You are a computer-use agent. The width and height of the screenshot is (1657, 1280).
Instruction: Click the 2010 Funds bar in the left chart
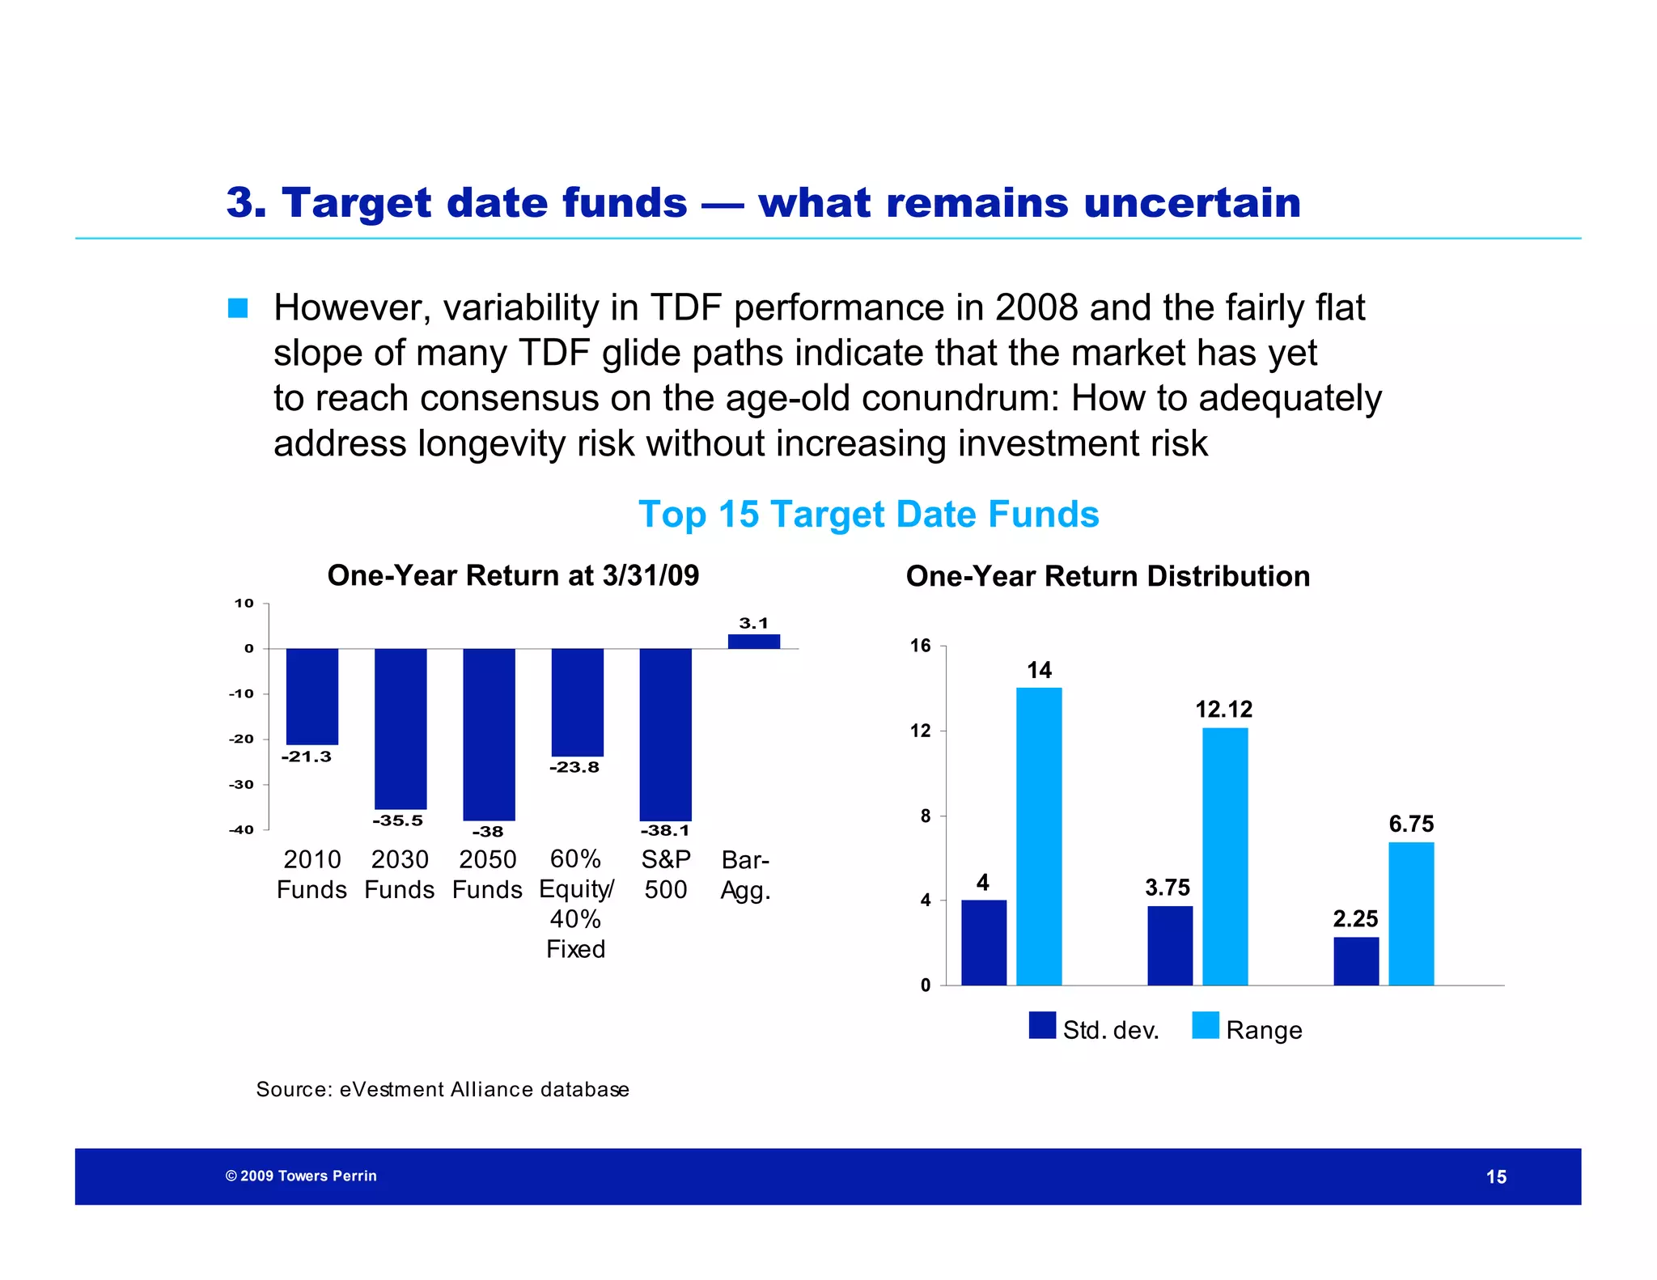tap(311, 696)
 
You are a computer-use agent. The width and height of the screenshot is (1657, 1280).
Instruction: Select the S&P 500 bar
tap(665, 734)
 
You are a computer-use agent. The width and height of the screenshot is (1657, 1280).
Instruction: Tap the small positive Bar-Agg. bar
tap(753, 641)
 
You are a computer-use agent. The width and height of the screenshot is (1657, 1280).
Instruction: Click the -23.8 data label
tap(574, 767)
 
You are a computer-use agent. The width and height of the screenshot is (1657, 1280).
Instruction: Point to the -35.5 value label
tap(397, 820)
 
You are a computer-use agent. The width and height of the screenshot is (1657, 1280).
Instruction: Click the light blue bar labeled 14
tap(1039, 836)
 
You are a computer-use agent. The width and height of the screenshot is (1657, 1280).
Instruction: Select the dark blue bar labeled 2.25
tap(1356, 961)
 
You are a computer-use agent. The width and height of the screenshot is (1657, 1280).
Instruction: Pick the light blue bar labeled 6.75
tap(1411, 913)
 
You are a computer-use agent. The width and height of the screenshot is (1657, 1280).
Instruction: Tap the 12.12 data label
tap(1223, 710)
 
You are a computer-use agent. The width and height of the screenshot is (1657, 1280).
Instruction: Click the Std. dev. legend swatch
tap(1042, 1025)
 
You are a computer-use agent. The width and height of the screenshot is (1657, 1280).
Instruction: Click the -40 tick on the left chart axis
tap(241, 829)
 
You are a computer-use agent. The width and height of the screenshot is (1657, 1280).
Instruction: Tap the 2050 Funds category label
tap(487, 875)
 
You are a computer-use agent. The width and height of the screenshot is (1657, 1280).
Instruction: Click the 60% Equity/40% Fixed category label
tap(575, 904)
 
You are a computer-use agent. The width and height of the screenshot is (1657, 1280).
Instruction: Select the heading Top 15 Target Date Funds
tap(868, 515)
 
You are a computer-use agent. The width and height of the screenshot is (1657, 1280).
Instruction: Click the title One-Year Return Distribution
tap(1108, 576)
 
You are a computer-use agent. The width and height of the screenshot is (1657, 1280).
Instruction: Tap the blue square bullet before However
tap(238, 308)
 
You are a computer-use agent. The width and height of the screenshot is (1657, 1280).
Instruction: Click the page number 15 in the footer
tap(1496, 1177)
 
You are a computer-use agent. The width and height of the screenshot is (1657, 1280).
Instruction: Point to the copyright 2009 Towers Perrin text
tap(301, 1176)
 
